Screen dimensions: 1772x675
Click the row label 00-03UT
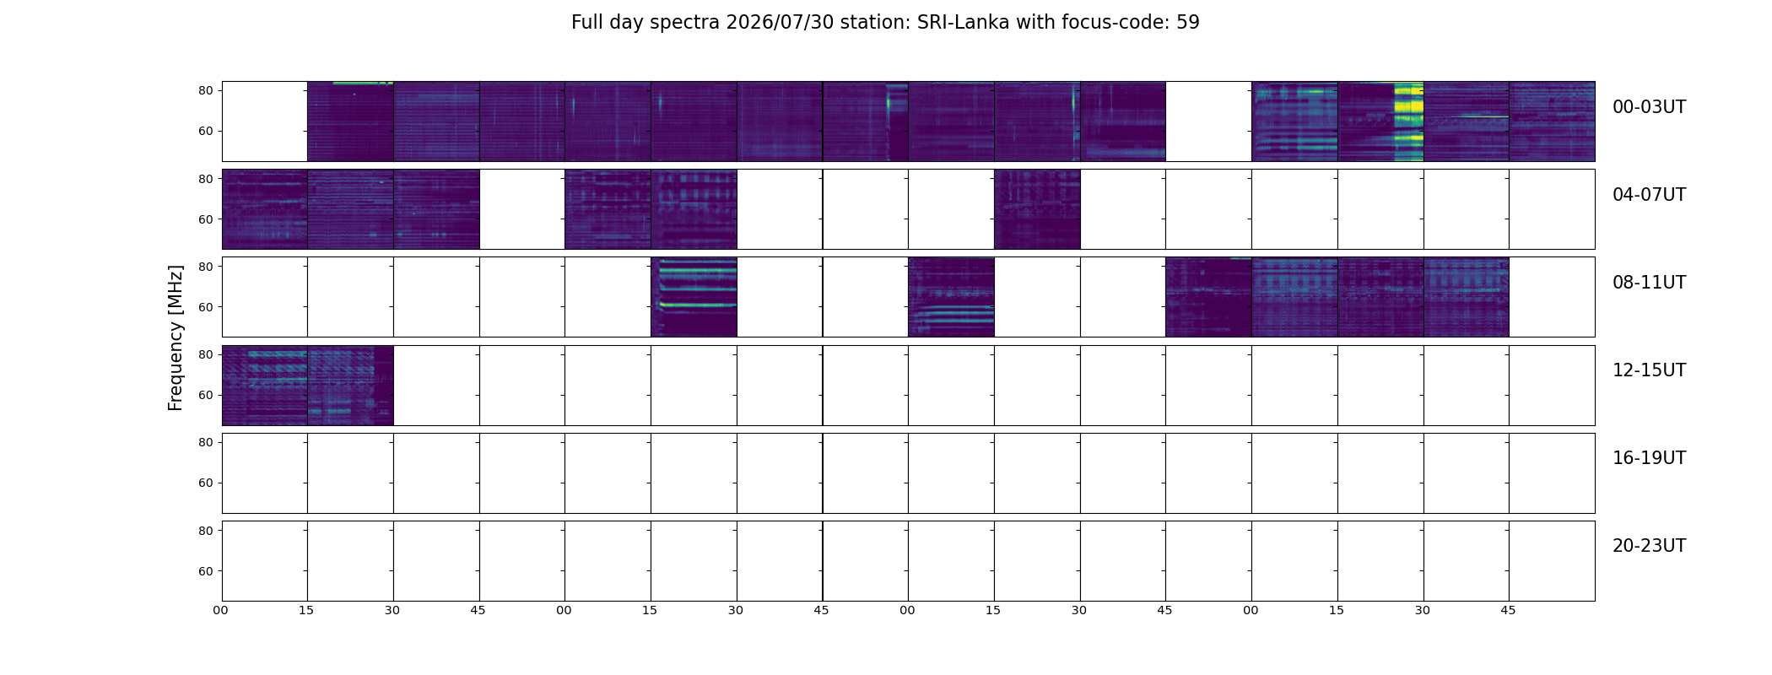[1649, 107]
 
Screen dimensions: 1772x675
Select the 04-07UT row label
[1649, 195]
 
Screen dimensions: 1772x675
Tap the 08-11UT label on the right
[1649, 283]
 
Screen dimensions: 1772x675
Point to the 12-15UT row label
[1649, 370]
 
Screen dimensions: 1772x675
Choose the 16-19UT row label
[1649, 458]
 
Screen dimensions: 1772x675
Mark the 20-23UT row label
[1649, 546]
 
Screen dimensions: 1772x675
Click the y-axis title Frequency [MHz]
[176, 337]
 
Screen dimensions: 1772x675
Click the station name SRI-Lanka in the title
[963, 22]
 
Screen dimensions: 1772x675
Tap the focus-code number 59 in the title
[1188, 22]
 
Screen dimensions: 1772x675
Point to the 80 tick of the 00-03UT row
[206, 90]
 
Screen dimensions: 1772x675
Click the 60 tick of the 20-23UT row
[206, 571]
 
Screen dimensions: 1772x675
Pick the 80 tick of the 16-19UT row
[206, 442]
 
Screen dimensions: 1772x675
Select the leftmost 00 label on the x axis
[221, 610]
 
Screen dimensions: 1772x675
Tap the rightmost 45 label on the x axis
[1508, 610]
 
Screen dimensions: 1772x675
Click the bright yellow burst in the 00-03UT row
[1408, 121]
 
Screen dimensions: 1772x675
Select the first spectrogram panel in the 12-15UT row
[265, 386]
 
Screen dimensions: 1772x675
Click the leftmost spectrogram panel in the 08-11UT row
[694, 297]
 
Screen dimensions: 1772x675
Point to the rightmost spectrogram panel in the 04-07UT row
[1037, 209]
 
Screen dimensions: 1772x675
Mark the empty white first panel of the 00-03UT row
[265, 121]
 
